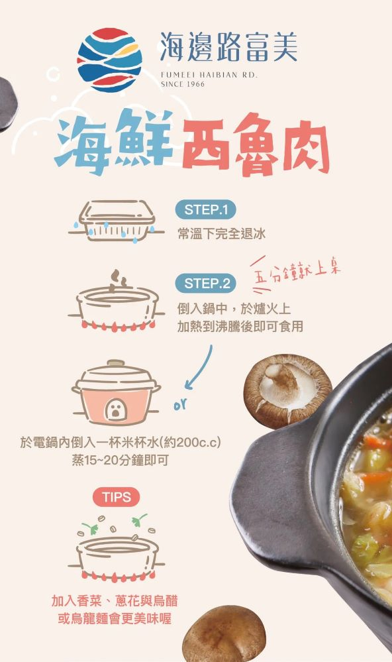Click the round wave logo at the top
[109, 60]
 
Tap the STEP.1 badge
[205, 210]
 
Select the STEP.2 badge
[205, 284]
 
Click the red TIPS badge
[116, 496]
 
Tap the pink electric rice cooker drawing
[116, 393]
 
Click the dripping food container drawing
[116, 221]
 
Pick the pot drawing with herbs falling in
[117, 548]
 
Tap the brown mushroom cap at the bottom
[224, 634]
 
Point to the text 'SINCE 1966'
[183, 84]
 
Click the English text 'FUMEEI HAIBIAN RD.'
[209, 75]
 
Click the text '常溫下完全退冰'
[221, 233]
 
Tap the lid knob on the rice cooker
[116, 362]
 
